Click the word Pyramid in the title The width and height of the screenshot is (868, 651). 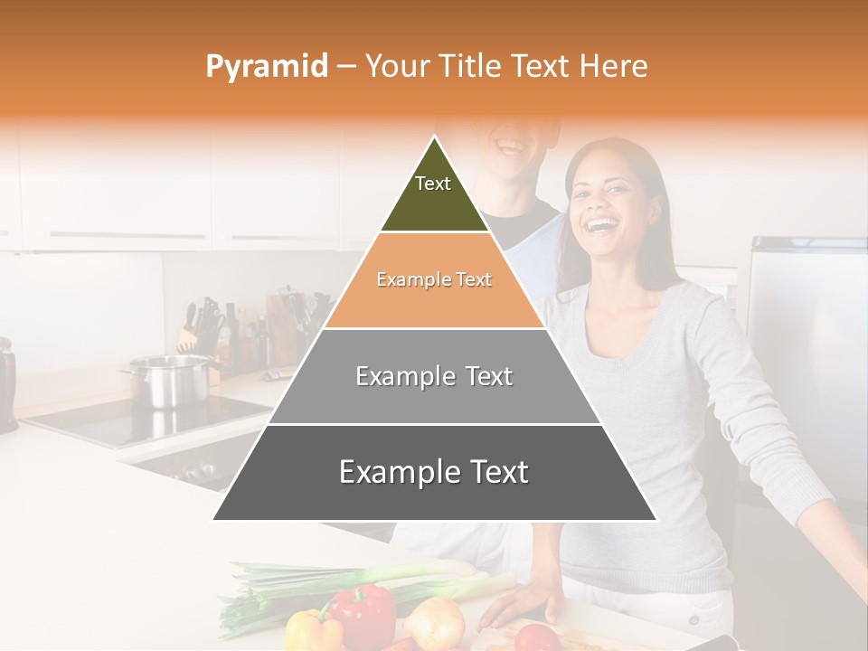[267, 66]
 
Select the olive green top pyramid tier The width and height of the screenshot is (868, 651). [434, 194]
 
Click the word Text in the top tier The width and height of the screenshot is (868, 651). [432, 184]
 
